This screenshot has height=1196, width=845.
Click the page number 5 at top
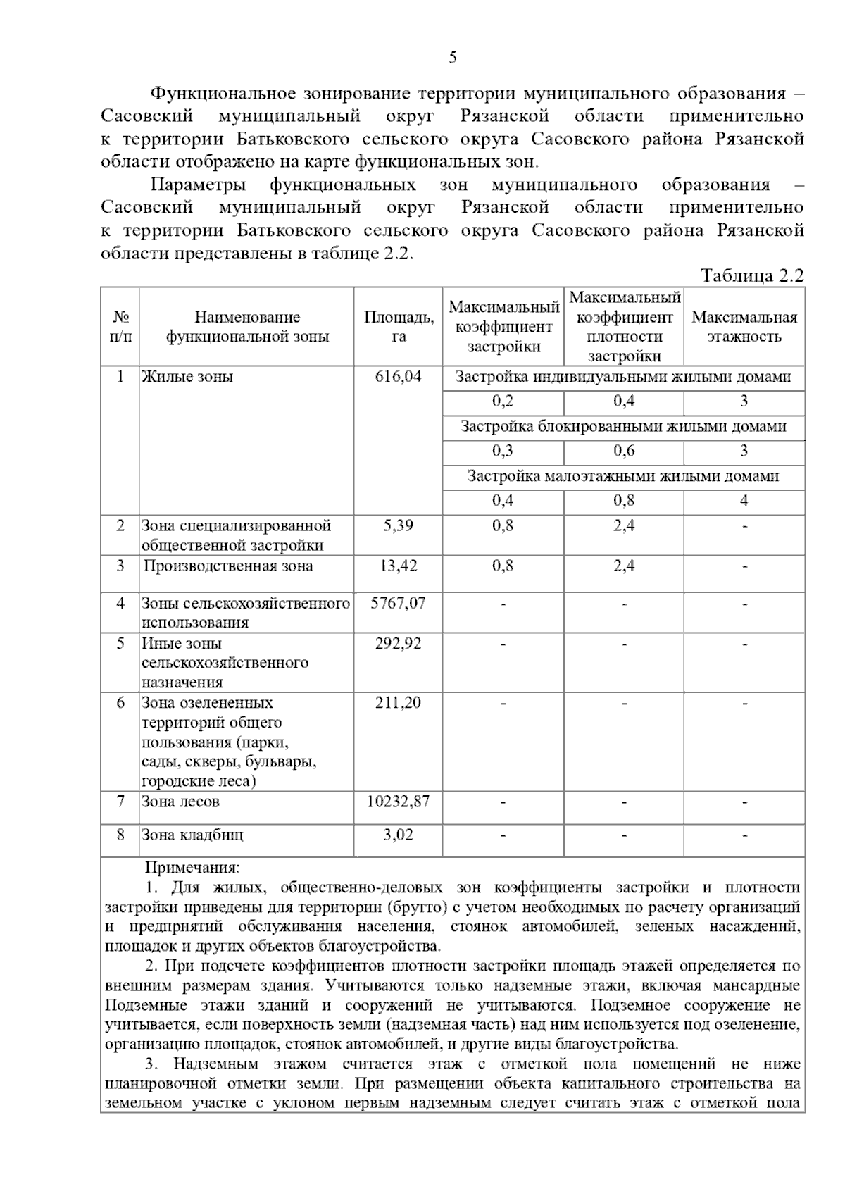452,58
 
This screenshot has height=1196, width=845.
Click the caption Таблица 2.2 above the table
752,275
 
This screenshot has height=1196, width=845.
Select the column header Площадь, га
399,326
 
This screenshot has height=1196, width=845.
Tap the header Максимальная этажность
744,326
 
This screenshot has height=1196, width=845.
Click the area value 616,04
399,377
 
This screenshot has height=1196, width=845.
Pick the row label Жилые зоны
187,377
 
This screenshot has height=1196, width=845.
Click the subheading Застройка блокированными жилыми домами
623,426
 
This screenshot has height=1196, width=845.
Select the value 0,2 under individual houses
503,401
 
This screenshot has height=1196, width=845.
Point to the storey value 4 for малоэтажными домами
744,501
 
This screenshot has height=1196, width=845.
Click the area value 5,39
399,525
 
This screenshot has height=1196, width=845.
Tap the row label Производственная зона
228,566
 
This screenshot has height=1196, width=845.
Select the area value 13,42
399,566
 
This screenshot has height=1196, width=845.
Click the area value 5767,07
399,603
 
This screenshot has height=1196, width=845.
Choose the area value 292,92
399,643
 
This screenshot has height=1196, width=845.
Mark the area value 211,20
399,702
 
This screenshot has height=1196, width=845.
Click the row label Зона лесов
181,802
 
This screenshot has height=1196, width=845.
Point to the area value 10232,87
399,802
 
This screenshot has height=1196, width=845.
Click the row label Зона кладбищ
192,835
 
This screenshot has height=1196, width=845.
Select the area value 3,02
399,835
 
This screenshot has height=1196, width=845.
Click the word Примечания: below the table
192,868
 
